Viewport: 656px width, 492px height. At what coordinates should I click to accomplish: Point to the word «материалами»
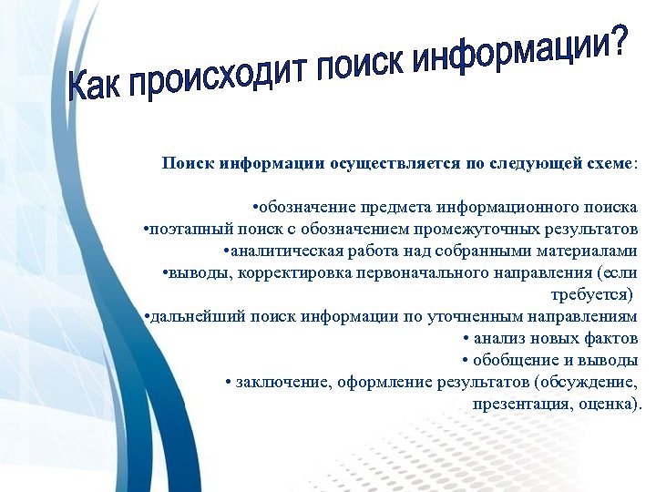point(589,251)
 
